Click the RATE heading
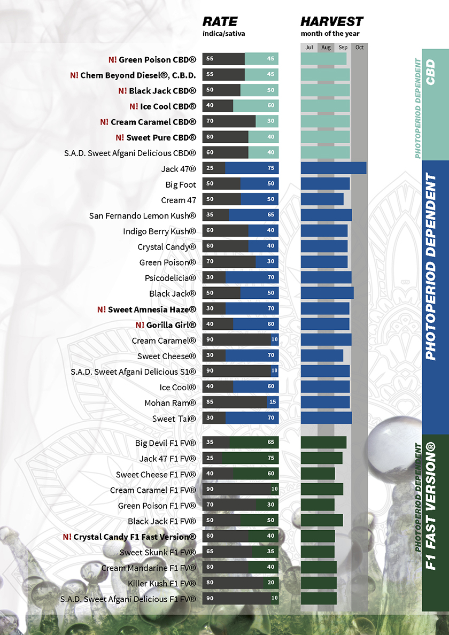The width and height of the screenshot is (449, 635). [220, 22]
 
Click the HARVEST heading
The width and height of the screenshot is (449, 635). [331, 22]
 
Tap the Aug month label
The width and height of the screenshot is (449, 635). [326, 48]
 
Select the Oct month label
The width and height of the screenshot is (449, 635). [359, 48]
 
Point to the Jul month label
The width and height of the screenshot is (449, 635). [309, 48]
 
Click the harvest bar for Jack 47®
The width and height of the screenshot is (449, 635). [334, 168]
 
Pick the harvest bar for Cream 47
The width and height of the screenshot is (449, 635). [322, 199]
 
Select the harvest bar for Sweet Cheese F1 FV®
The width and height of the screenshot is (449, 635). [318, 474]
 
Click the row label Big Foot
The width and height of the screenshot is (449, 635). [181, 185]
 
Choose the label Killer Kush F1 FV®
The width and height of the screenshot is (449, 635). [162, 583]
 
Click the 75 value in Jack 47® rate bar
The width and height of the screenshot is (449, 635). [271, 168]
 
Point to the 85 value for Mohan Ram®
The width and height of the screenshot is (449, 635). [210, 402]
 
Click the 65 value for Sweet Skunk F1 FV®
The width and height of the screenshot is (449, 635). [210, 552]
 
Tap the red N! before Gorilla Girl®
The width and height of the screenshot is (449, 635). [140, 324]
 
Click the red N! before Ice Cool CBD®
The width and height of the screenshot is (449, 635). [134, 106]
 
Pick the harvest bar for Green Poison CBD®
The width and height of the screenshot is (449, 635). [323, 59]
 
